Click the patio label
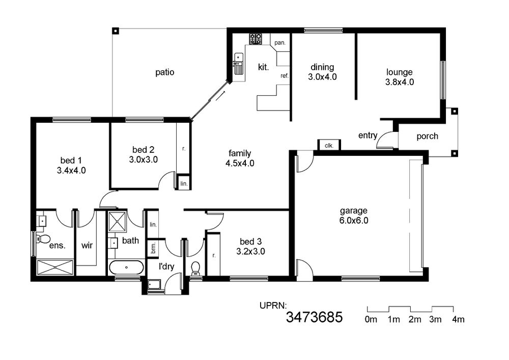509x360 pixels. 164,72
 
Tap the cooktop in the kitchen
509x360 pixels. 256,39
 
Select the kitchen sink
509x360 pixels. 239,64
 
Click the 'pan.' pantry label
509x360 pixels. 280,43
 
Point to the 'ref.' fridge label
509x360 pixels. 285,76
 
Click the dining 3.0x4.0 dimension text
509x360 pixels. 322,77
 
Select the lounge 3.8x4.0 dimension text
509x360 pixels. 400,82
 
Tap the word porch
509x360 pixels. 427,136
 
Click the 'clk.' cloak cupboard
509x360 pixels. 329,146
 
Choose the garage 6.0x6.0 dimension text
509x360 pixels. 354,221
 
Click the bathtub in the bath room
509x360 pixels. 126,267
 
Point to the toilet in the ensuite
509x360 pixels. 42,239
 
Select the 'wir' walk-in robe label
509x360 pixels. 87,245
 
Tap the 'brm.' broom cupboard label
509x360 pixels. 153,248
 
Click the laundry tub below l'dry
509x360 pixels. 154,284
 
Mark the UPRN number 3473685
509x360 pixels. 314,317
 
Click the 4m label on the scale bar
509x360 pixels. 459,320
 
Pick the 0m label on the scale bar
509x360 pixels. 371,320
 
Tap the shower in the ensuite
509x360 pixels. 55,267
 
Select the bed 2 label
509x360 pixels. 143,150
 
